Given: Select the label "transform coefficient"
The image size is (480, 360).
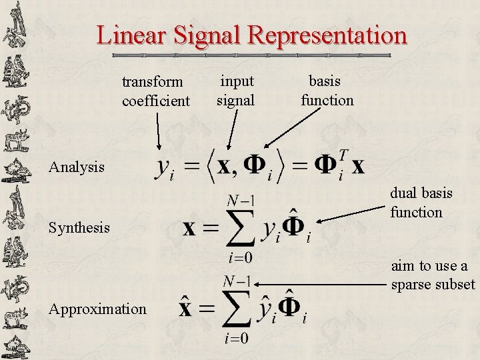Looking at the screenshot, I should pos(156,91).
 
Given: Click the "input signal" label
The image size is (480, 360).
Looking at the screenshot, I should pos(236,91).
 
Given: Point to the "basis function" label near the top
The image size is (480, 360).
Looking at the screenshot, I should pos(327,91).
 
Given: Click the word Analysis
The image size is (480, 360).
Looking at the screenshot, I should pos(77,166).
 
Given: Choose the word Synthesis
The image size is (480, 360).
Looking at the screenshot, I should pos(79,228).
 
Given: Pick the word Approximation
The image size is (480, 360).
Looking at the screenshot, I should pos(97,309).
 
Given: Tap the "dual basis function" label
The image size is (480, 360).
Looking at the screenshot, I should pos(421,203).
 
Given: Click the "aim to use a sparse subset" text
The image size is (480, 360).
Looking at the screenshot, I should pos(433,275).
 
